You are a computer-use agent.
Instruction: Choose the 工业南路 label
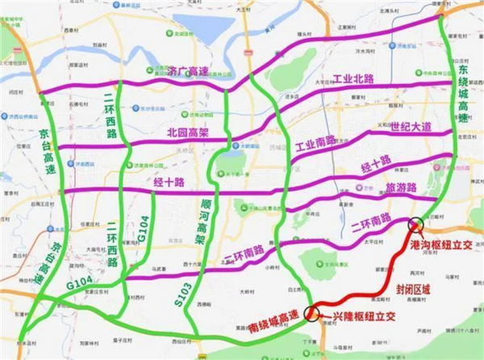point(317,149)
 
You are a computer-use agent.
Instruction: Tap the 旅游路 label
point(401,187)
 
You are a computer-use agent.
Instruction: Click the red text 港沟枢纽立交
point(440,245)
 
